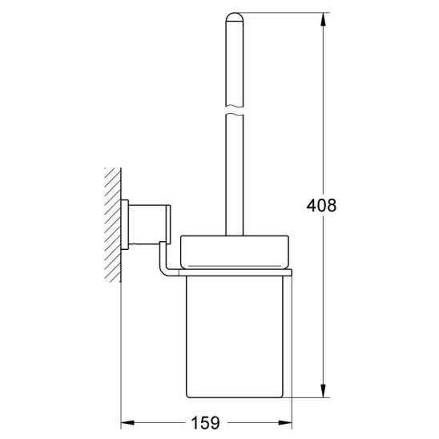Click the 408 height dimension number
[321, 206]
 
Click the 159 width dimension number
[205, 423]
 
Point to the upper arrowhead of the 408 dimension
[323, 19]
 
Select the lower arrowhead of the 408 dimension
[323, 390]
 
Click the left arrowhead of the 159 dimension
[128, 423]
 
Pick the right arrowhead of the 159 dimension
[284, 423]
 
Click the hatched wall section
[113, 225]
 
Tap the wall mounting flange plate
[125, 224]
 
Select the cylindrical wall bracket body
[147, 224]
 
